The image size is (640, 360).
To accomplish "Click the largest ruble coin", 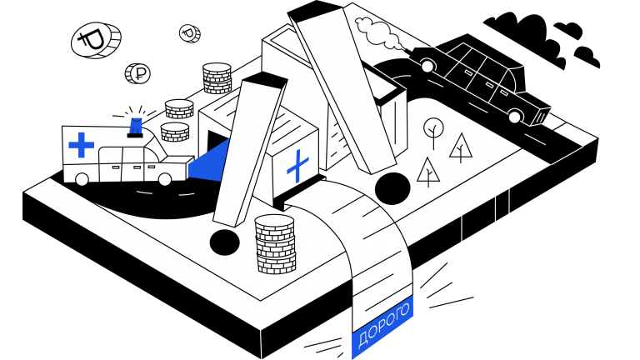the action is pos(96,40).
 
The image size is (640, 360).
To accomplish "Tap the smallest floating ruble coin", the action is pos(190,33).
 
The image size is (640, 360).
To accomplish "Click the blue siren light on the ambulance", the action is pos(136,127).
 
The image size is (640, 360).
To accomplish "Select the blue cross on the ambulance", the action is pos(81,145).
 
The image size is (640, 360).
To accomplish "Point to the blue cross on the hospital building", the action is pos(298,166).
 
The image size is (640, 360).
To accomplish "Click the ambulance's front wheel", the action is pos(164,179).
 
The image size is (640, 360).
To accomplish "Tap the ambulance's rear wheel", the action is pos(82,179).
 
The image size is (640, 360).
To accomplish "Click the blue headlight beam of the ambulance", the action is pos(208,161).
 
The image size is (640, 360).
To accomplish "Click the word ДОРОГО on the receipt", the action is pos(383,325).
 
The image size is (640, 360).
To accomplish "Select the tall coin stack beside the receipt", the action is pos(275,244).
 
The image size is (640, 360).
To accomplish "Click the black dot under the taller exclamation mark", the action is pos(392,188).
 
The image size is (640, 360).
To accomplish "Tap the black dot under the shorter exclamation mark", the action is pos(224,242).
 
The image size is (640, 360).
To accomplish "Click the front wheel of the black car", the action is pos(515,117).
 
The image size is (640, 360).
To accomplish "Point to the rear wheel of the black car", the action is pos(427,65).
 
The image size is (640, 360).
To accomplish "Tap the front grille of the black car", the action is pos(541,117).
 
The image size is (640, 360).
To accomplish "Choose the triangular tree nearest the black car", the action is pos(461,147).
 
